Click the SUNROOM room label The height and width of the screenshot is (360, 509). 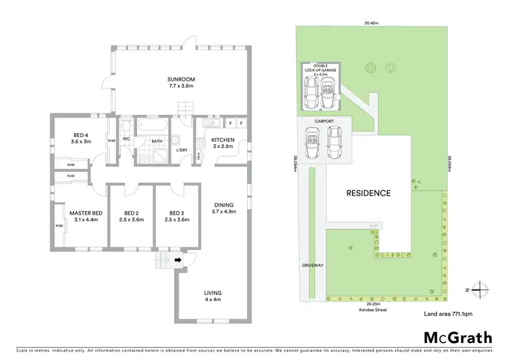181,82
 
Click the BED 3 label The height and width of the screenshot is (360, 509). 176,216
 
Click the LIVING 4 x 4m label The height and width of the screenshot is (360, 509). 212,296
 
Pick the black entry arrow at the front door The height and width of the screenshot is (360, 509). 178,259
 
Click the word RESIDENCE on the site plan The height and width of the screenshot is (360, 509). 369,193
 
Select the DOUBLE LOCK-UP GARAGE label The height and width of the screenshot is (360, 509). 320,72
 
